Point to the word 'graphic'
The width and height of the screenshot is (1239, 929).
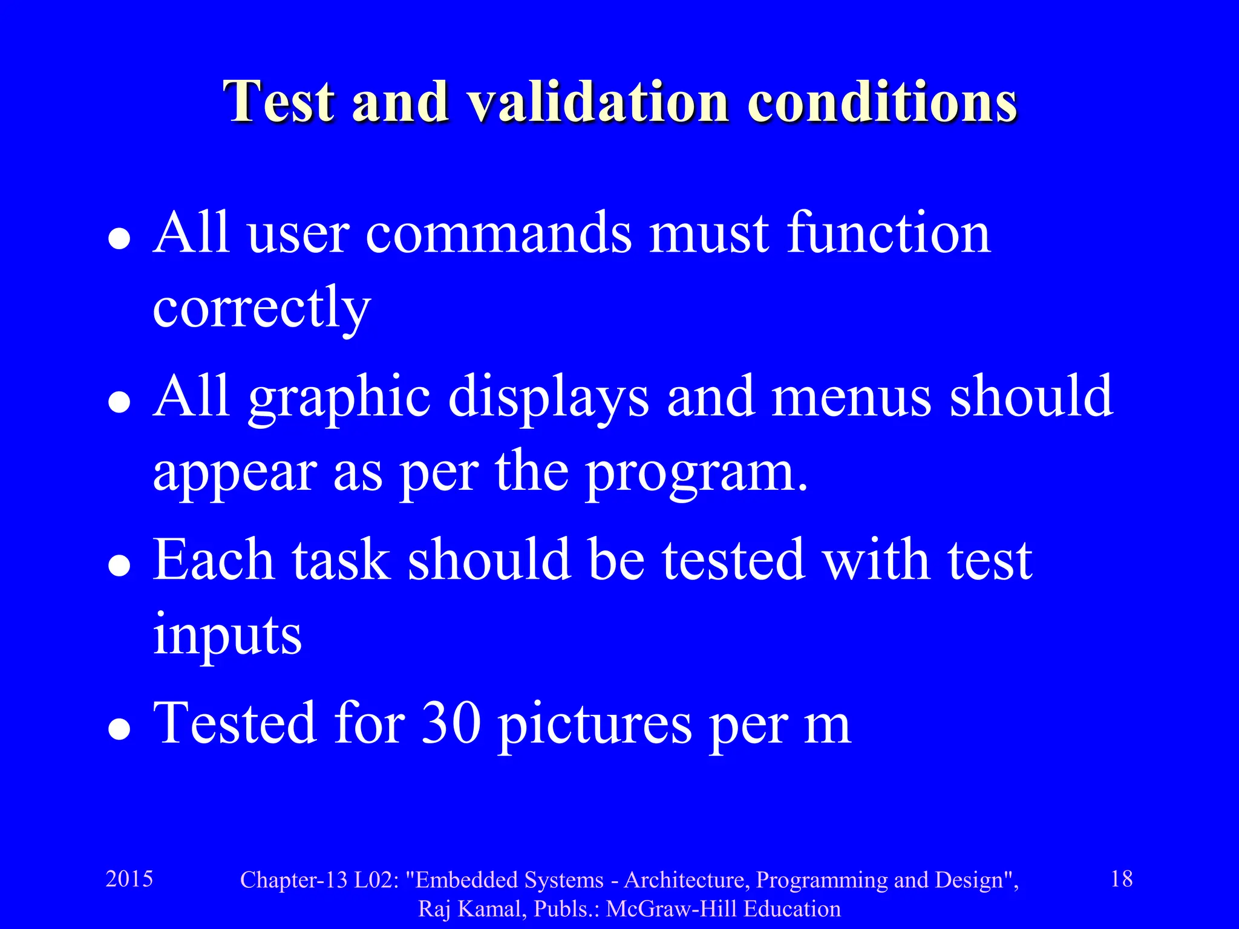click(x=339, y=398)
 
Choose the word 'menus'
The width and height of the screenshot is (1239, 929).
click(x=851, y=397)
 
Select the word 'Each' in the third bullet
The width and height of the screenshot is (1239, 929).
click(x=214, y=560)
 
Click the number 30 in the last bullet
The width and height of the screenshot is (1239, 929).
click(x=451, y=723)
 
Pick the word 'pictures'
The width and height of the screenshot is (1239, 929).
click(x=595, y=725)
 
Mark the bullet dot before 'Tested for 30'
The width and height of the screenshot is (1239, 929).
click(x=119, y=729)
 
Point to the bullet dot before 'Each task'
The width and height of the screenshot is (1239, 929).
click(x=119, y=566)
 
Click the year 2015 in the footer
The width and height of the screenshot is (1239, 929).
click(x=129, y=879)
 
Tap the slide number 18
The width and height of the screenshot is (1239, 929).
click(x=1122, y=879)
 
